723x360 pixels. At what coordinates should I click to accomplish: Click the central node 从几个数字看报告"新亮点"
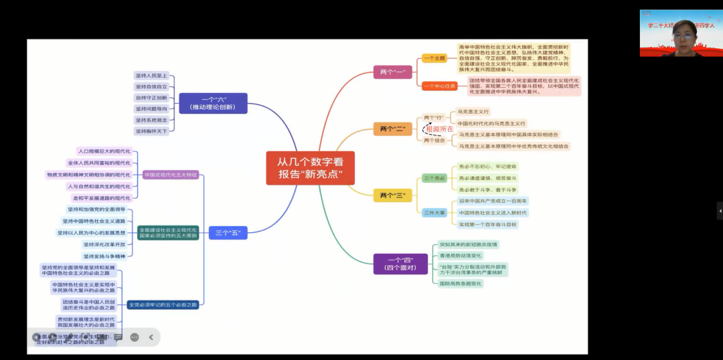310,167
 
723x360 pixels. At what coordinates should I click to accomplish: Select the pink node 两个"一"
392,72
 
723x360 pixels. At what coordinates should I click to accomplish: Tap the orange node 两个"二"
392,129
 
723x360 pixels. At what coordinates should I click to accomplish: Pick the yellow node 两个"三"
392,195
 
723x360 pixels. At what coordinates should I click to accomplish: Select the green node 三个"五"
228,233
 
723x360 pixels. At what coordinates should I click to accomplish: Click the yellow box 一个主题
434,58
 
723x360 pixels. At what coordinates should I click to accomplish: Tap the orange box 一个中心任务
439,86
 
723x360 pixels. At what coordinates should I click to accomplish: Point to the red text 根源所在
439,128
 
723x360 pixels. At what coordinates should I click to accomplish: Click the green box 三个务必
434,178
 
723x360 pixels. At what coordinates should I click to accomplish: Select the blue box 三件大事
434,212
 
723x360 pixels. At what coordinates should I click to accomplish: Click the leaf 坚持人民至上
151,76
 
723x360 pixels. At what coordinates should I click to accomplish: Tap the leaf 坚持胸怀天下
151,131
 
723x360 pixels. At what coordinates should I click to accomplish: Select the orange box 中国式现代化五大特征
171,175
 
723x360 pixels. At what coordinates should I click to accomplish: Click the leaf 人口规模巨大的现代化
104,151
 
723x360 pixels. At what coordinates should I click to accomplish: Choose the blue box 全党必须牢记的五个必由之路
163,305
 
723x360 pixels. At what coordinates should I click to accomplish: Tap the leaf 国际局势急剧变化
461,284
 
